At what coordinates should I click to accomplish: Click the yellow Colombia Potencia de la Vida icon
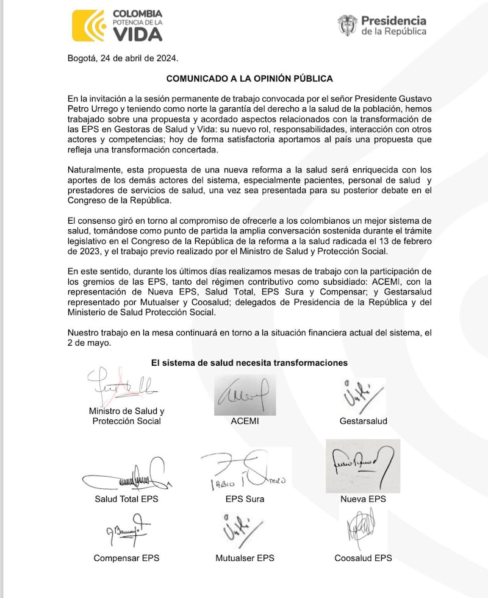coord(89,25)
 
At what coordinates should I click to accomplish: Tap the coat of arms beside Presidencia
coord(347,25)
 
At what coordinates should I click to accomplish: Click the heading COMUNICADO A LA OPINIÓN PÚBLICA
coord(249,79)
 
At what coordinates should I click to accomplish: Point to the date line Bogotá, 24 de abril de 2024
coord(123,58)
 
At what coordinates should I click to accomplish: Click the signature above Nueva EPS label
coord(362,466)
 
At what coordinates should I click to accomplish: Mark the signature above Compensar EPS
coord(125,529)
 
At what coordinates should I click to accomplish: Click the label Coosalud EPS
coord(363,558)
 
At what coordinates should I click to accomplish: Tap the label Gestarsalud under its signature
coord(363,421)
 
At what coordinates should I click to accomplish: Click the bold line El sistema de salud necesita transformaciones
coord(249,363)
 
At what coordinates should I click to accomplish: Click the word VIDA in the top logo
coord(137,34)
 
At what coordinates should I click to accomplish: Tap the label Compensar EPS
coord(126,558)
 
